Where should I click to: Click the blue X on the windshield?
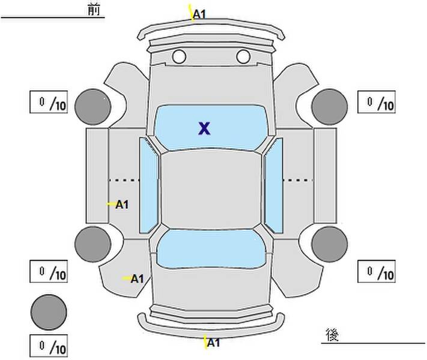204,128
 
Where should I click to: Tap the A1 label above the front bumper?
199,14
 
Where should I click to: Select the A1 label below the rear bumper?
213,343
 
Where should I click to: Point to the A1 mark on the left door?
122,205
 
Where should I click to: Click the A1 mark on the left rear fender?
137,278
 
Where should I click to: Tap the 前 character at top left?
94,10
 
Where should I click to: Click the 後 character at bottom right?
332,335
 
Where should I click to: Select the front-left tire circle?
93,107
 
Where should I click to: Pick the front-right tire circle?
330,107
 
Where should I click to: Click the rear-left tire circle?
93,244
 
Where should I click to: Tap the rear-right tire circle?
330,244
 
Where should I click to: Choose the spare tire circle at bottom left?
49,312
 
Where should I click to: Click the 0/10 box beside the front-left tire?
49,102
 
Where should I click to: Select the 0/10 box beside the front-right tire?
377,102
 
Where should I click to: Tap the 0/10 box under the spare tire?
49,346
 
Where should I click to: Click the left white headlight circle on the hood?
179,56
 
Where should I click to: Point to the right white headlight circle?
243,56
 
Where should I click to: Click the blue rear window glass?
211,249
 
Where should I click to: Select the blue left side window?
148,185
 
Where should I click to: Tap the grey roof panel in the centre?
211,189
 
